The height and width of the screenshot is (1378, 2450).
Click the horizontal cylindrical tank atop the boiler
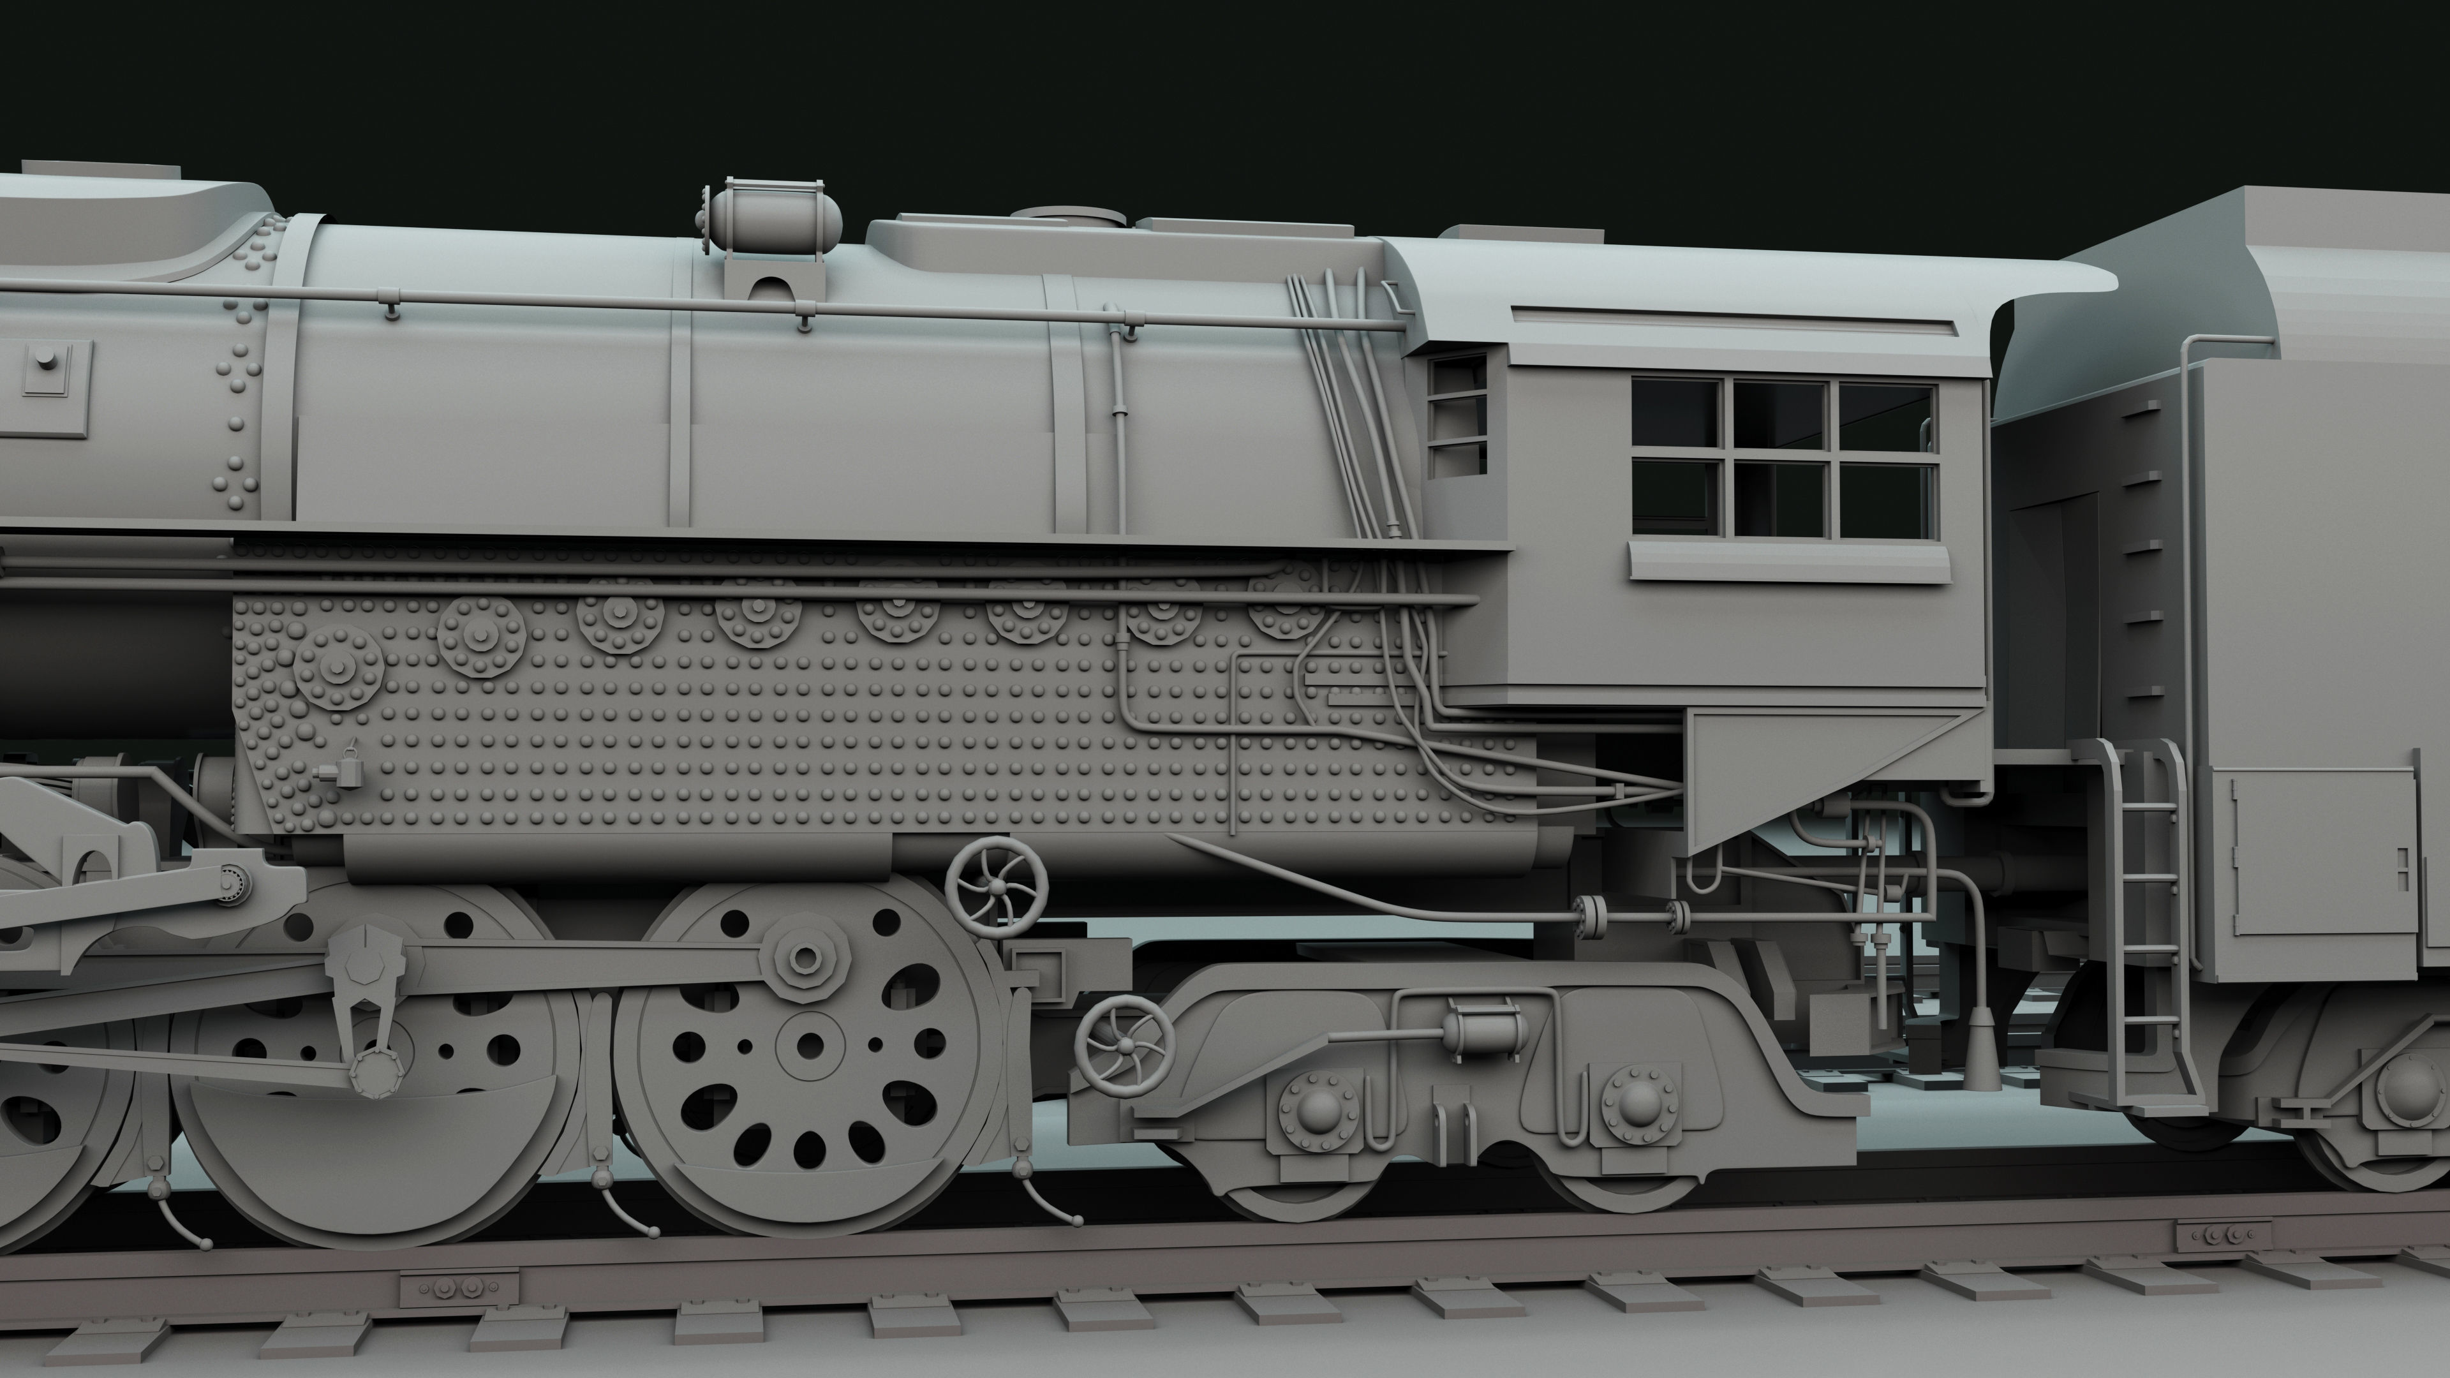click(772, 221)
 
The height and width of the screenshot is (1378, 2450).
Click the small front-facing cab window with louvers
click(1456, 415)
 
